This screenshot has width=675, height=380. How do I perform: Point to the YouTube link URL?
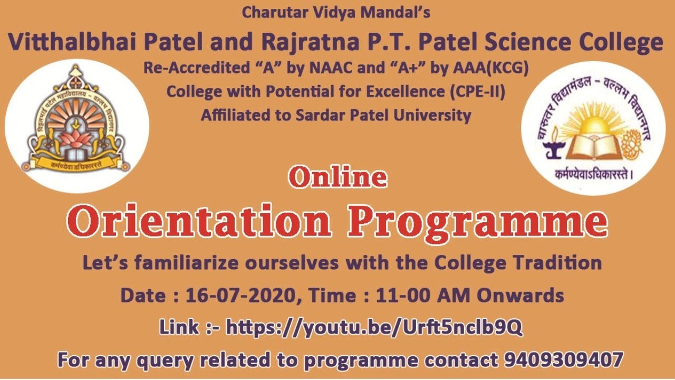click(x=374, y=328)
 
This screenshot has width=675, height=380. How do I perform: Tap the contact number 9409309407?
click(x=564, y=360)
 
